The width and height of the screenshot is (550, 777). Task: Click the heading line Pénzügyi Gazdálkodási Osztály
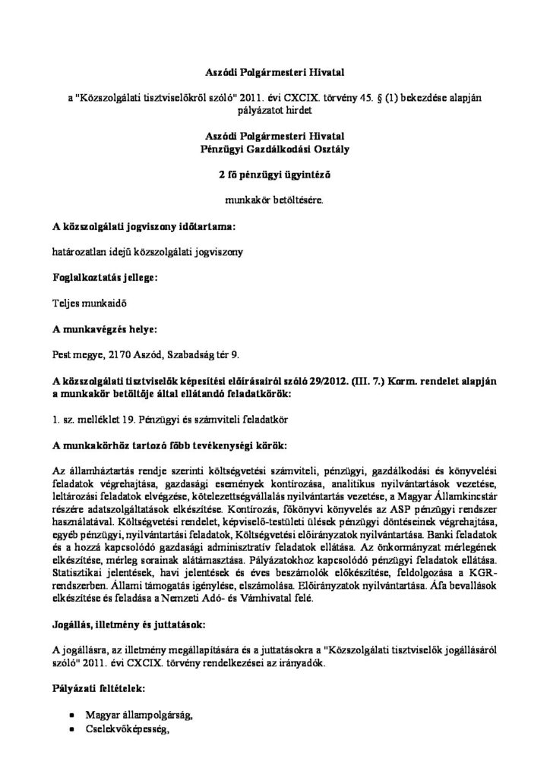[275, 151]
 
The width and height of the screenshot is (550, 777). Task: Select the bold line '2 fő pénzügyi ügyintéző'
[275, 176]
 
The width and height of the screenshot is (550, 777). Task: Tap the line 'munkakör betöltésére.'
[275, 201]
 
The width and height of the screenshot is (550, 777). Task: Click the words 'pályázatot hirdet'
[275, 110]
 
